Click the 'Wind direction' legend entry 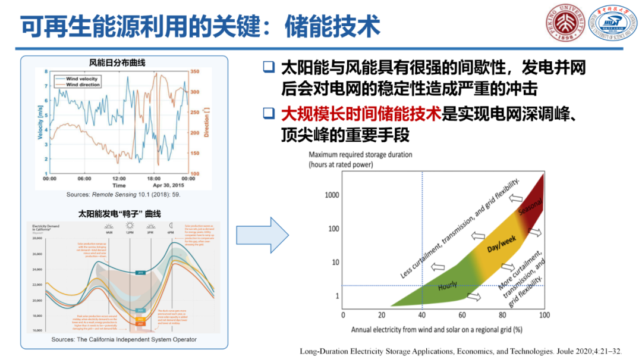click(x=83, y=85)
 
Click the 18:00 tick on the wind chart click(x=154, y=178)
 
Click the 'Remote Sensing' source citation click(x=123, y=195)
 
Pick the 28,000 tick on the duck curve click(x=36, y=238)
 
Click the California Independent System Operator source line click(x=124, y=339)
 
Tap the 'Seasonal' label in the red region click(x=529, y=205)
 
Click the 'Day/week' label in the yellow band click(x=501, y=242)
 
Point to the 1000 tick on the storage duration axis click(x=332, y=195)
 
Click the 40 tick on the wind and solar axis click(x=422, y=314)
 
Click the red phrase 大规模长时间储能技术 click(x=361, y=113)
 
